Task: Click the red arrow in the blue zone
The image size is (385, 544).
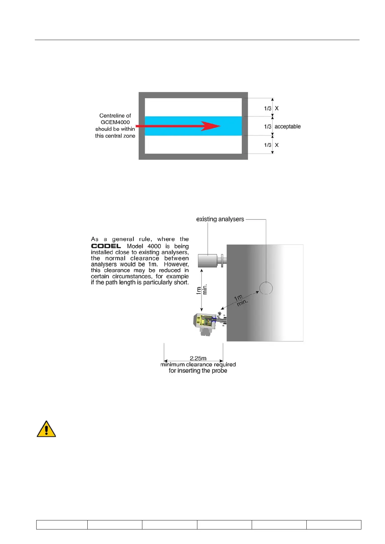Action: point(181,126)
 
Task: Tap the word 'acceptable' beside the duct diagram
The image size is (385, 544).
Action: point(287,126)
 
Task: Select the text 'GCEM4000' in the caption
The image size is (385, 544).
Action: point(115,122)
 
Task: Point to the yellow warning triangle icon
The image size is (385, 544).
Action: point(46,429)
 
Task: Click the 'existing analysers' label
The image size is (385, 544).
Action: point(220,219)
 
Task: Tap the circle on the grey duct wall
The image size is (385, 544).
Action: point(266,288)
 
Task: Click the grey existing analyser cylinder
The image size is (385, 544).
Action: point(207,261)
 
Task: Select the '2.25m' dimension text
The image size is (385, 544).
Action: point(198,358)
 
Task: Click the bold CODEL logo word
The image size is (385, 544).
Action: point(106,246)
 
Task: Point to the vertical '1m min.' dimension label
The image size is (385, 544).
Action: point(202,290)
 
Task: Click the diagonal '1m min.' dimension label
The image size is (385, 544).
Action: point(240,300)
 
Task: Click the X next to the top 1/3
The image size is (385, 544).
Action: point(277,109)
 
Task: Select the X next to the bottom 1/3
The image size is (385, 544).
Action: point(277,145)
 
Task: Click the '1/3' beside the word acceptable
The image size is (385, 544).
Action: point(268,127)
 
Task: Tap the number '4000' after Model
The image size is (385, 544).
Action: point(154,246)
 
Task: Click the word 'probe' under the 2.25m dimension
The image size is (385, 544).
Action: point(219,371)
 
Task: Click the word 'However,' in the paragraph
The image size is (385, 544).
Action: point(176,264)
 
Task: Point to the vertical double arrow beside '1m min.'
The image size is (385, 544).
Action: point(202,290)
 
